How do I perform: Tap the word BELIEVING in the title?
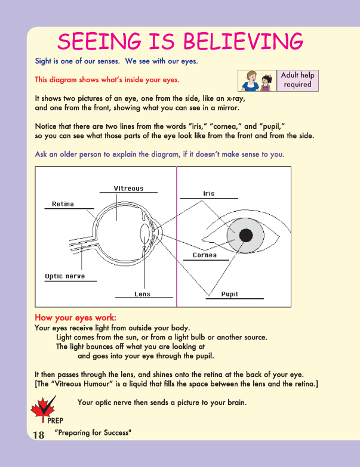pos(241,41)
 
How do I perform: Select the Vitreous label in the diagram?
pos(128,188)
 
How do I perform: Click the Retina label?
pos(63,204)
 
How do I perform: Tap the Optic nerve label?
pos(65,276)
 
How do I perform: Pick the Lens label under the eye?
pos(143,294)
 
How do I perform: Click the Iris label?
pos(208,193)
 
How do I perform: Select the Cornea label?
pos(204,255)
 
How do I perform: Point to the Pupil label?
pos(230,294)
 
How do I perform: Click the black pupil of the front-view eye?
pos(244,235)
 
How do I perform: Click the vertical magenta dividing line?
pos(177,239)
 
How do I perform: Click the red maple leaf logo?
pos(40,411)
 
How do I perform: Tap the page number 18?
pos(38,435)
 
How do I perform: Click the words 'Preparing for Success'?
pos(93,432)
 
